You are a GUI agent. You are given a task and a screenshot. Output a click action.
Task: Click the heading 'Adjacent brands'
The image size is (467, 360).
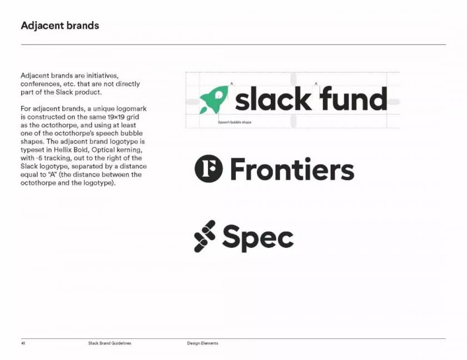click(60, 26)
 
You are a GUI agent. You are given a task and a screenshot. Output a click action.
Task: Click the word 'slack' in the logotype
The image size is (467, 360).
click(273, 98)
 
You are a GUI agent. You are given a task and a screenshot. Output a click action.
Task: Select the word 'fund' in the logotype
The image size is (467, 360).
click(354, 98)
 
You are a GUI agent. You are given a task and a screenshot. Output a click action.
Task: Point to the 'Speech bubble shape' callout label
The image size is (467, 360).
click(235, 122)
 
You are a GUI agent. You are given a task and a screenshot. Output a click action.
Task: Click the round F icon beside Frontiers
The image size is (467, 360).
click(208, 168)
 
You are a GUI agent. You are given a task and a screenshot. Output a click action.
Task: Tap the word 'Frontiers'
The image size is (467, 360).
click(292, 169)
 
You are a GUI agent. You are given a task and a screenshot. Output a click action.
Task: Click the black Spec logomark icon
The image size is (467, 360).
click(205, 236)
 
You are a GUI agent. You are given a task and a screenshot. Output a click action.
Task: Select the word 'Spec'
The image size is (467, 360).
click(258, 238)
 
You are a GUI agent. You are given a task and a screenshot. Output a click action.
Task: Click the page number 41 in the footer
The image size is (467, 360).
click(23, 343)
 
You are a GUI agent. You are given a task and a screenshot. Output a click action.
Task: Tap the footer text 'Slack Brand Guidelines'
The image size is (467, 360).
click(110, 343)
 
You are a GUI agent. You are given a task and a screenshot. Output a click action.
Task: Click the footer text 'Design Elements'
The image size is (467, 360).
click(202, 343)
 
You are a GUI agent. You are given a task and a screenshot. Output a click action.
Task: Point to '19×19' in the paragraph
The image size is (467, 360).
click(116, 117)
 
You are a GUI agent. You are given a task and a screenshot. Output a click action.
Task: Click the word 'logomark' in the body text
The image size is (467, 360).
click(131, 109)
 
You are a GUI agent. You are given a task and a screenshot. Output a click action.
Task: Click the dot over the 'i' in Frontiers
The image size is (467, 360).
click(307, 160)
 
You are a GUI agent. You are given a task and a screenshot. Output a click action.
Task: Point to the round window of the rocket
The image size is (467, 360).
click(218, 95)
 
